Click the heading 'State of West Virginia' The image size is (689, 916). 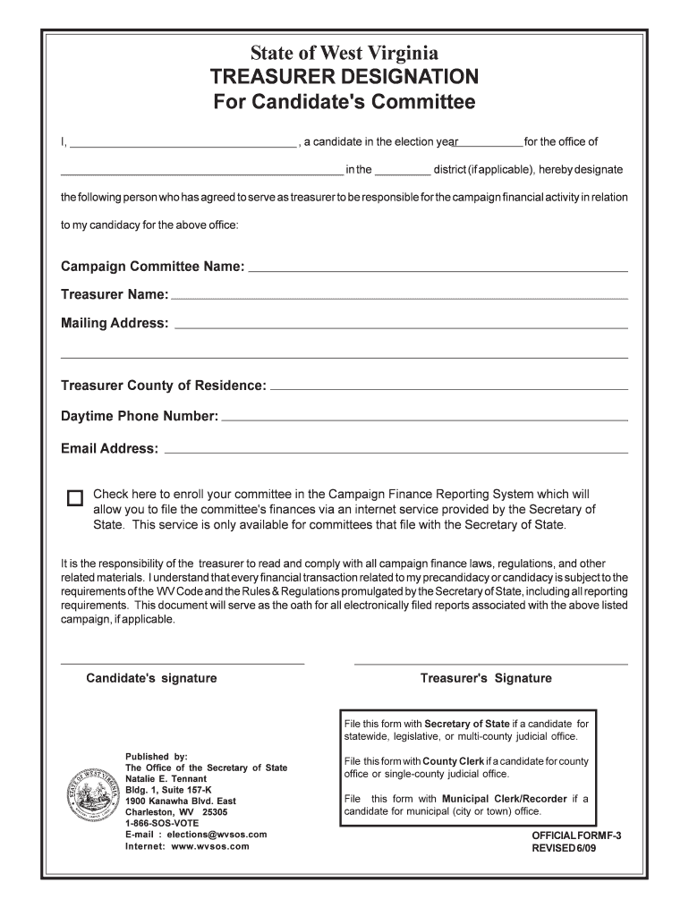click(344, 53)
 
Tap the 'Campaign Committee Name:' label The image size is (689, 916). click(152, 267)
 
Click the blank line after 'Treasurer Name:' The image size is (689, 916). click(399, 296)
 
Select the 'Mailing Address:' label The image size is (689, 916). click(115, 323)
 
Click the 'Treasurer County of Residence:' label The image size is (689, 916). click(163, 386)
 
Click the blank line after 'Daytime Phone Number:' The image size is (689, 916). click(424, 418)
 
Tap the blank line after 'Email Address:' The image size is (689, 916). click(397, 450)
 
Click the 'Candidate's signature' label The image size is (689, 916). click(151, 678)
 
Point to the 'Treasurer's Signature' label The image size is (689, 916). click(486, 678)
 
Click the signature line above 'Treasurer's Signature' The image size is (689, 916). click(491, 664)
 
